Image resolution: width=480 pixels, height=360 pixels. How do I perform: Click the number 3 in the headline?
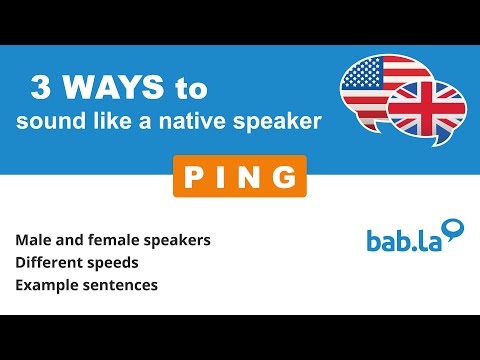(x=41, y=89)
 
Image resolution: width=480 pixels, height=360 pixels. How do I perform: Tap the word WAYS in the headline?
(x=110, y=89)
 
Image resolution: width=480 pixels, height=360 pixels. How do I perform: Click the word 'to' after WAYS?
(x=190, y=89)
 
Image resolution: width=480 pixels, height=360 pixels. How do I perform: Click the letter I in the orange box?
(x=225, y=176)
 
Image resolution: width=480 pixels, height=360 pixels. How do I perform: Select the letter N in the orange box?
(x=253, y=176)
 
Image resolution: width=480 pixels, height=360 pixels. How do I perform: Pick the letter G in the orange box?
(x=284, y=176)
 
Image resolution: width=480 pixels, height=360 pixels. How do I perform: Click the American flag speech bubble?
(x=375, y=83)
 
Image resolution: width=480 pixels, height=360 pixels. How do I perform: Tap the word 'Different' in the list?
(x=49, y=265)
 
